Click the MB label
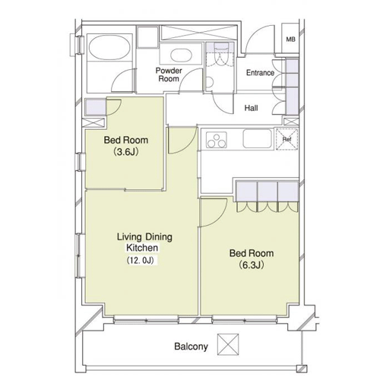point(290,40)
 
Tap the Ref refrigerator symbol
point(287,139)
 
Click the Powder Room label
point(169,74)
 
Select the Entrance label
point(260,73)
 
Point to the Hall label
point(251,108)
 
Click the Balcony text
point(191,347)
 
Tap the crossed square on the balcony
point(228,344)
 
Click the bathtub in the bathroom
point(109,47)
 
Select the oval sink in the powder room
point(179,55)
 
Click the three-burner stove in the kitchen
point(216,140)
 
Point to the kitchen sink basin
point(257,138)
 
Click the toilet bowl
point(209,83)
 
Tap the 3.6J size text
point(126,152)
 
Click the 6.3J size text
point(252,265)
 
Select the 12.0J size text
point(141,260)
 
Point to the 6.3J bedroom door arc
point(217,215)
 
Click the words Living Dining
point(144,237)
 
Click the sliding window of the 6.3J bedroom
point(245,320)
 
